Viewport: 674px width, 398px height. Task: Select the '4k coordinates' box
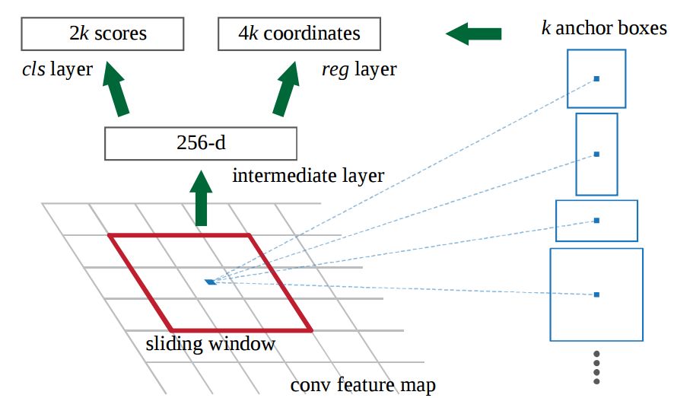299,34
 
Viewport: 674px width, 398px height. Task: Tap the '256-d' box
199,143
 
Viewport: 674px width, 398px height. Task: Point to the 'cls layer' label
57,70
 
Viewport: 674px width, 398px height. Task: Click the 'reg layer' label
359,70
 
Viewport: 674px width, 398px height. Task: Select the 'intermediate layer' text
308,177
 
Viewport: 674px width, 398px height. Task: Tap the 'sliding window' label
210,344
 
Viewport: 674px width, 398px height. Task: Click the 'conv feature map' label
363,385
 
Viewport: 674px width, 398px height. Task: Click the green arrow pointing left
473,33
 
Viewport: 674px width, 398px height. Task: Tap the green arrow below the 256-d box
202,199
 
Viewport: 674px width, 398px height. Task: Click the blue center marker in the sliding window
211,282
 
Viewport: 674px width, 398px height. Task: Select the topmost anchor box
596,78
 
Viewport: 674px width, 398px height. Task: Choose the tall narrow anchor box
596,154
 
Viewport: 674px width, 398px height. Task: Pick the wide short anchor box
596,220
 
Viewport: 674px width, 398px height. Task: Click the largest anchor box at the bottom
596,294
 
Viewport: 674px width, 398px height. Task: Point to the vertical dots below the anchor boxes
596,368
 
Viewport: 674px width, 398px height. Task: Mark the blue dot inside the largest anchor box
596,294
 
